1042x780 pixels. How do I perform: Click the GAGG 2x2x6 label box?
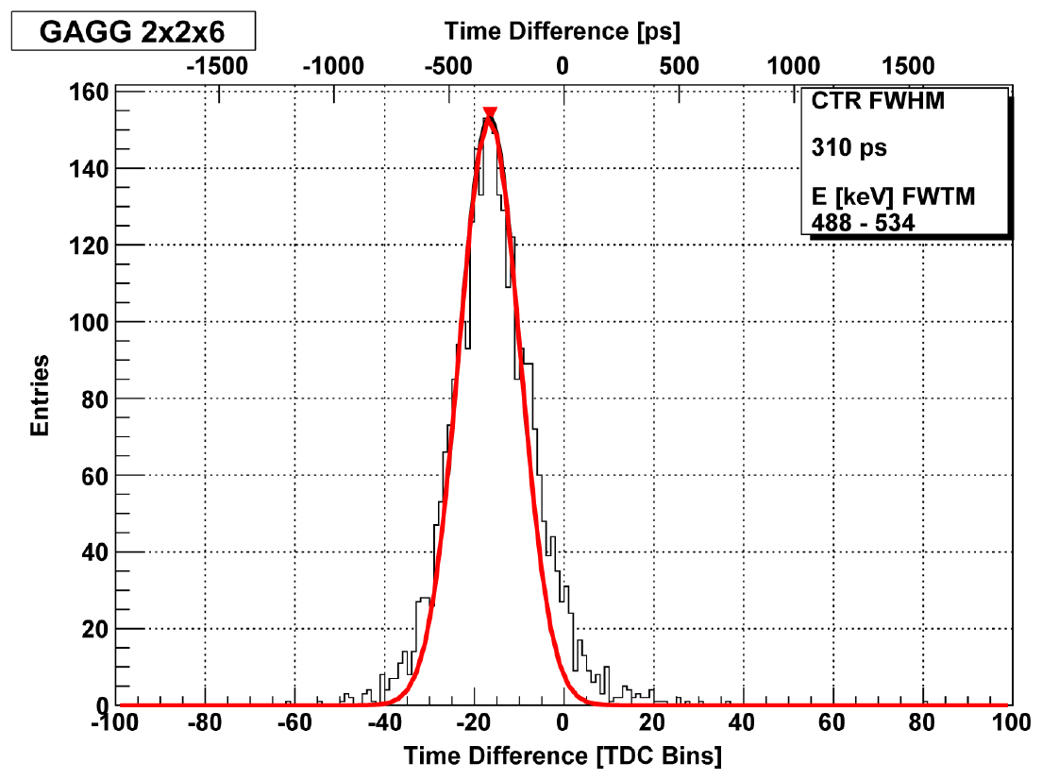pyautogui.click(x=133, y=30)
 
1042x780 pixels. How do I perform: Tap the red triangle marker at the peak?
pyautogui.click(x=490, y=113)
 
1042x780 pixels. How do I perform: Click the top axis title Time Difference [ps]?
pyautogui.click(x=563, y=31)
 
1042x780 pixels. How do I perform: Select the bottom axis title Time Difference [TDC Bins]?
pyautogui.click(x=563, y=756)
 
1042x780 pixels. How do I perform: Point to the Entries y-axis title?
pyautogui.click(x=40, y=395)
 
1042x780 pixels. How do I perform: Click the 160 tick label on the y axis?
pyautogui.click(x=89, y=92)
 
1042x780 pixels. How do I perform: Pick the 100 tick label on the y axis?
pyautogui.click(x=89, y=323)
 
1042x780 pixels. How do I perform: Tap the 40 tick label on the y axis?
pyautogui.click(x=94, y=552)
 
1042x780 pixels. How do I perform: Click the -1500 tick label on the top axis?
pyautogui.click(x=217, y=66)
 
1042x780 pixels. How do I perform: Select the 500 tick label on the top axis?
pyautogui.click(x=680, y=66)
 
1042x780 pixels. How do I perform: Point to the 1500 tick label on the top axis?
pyautogui.click(x=908, y=66)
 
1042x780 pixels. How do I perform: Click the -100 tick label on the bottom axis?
pyautogui.click(x=114, y=722)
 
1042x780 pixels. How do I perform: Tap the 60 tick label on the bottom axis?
pyautogui.click(x=832, y=722)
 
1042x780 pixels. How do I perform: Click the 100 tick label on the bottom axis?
pyautogui.click(x=1011, y=722)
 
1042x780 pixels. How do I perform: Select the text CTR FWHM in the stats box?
pyautogui.click(x=878, y=101)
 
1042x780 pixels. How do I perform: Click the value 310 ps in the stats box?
pyautogui.click(x=849, y=147)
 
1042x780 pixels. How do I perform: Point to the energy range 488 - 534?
pyautogui.click(x=863, y=223)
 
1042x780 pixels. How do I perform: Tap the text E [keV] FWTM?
pyautogui.click(x=893, y=196)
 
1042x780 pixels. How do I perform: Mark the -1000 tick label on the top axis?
pyautogui.click(x=333, y=66)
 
